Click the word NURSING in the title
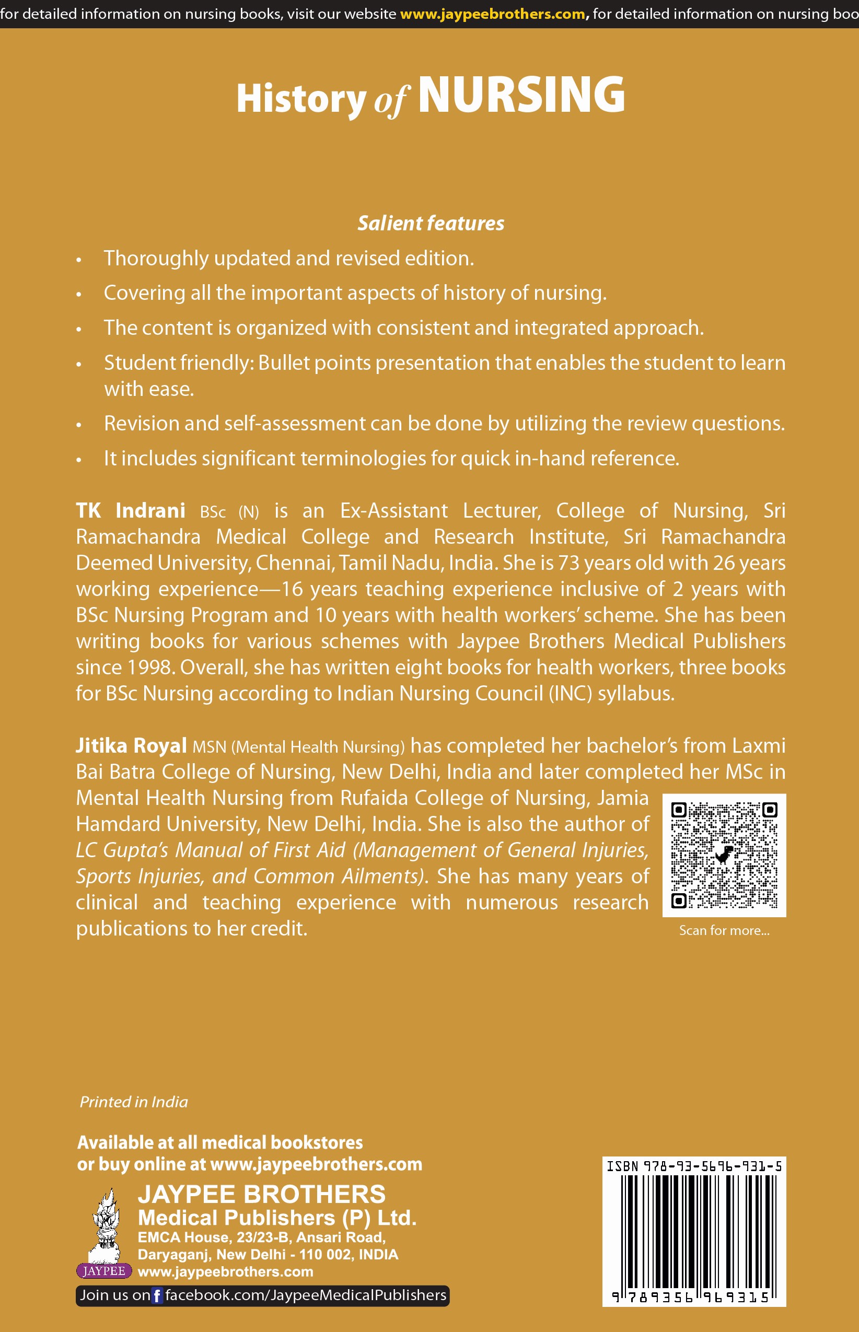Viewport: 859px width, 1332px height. click(x=521, y=96)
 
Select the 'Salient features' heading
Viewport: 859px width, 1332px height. click(x=431, y=223)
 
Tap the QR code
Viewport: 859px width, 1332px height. click(x=724, y=855)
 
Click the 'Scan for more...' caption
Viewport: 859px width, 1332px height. click(x=724, y=930)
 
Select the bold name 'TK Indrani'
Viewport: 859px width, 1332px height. click(x=131, y=511)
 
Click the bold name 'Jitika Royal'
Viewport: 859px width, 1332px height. click(x=131, y=746)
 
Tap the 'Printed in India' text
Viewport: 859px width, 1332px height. click(x=134, y=1102)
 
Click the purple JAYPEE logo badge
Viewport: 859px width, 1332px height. click(x=104, y=1271)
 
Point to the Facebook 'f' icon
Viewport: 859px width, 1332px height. click(x=157, y=1295)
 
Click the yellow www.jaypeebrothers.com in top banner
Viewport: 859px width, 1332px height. click(x=493, y=14)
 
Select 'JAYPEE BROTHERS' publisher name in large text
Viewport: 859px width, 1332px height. click(x=261, y=1194)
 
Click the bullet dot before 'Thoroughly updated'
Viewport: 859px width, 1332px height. click(x=79, y=260)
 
